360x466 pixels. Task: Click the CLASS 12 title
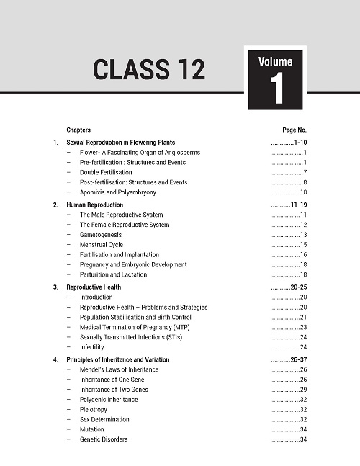coord(148,70)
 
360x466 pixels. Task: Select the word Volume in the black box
coord(276,61)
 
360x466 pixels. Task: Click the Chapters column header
coord(78,130)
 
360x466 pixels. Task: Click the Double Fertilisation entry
coord(106,173)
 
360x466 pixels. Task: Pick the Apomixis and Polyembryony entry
coord(118,192)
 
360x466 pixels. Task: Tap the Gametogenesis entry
coord(101,235)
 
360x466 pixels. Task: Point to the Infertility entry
coord(92,347)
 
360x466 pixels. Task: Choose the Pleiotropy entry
coord(94,409)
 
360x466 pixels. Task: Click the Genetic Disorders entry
coord(104,439)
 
